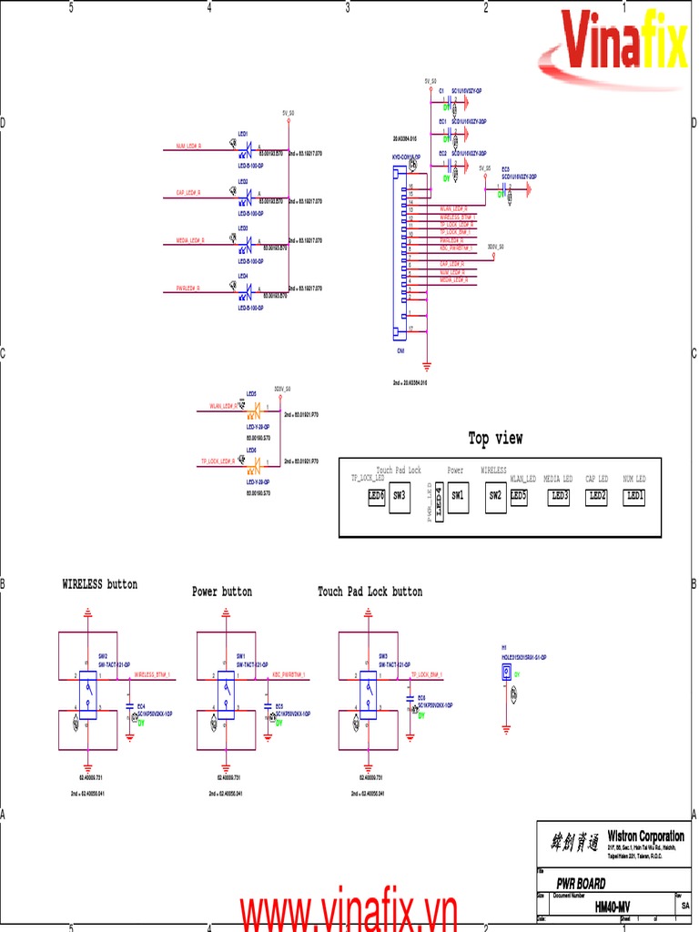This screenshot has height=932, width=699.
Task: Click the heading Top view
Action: tap(495, 439)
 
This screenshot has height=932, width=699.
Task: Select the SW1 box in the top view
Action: tap(457, 496)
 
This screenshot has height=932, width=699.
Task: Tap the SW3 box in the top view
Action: tap(400, 497)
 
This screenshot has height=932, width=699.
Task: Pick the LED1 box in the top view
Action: tap(633, 496)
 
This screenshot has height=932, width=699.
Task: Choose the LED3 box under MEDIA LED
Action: tap(559, 496)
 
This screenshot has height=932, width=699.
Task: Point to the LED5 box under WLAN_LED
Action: tap(520, 496)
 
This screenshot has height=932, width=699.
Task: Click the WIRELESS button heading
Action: tap(99, 584)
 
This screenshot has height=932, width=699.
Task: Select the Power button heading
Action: tap(222, 592)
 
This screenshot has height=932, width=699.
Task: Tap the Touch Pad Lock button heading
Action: tap(370, 592)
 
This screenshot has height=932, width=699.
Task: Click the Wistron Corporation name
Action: tap(645, 836)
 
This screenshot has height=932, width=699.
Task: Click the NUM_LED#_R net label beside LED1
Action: tap(189, 147)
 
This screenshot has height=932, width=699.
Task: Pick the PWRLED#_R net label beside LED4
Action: tap(188, 289)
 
